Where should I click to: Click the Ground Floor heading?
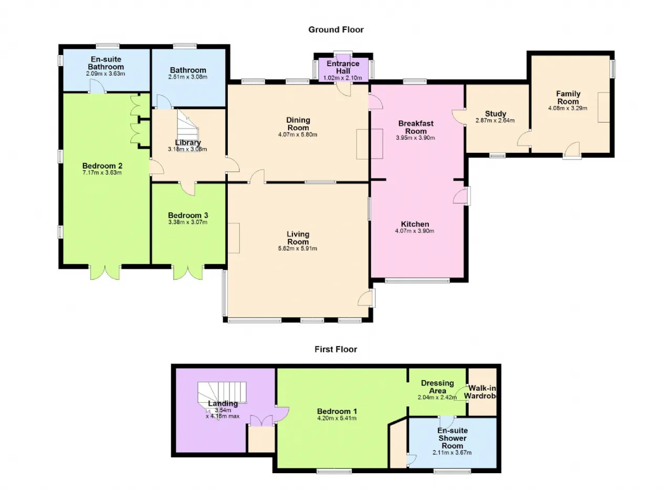click(335, 30)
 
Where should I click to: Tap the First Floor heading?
click(335, 349)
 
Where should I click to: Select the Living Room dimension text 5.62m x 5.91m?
click(297, 248)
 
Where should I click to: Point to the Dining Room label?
click(298, 123)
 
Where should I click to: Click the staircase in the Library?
click(187, 130)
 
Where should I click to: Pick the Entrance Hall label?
click(343, 67)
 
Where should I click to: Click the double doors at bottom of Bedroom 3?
click(188, 272)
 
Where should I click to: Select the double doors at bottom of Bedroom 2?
click(105, 272)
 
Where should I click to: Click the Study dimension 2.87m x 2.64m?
click(495, 121)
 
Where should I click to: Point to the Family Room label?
click(568, 98)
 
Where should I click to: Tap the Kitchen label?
click(415, 224)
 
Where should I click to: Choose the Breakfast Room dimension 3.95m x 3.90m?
click(415, 138)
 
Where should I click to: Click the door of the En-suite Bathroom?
click(98, 86)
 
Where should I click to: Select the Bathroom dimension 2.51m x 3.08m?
click(188, 77)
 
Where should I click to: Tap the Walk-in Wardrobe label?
click(480, 392)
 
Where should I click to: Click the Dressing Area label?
click(437, 387)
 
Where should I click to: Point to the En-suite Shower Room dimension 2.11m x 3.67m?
click(452, 452)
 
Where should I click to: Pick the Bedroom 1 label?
click(337, 411)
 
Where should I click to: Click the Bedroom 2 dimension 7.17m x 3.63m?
click(102, 173)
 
